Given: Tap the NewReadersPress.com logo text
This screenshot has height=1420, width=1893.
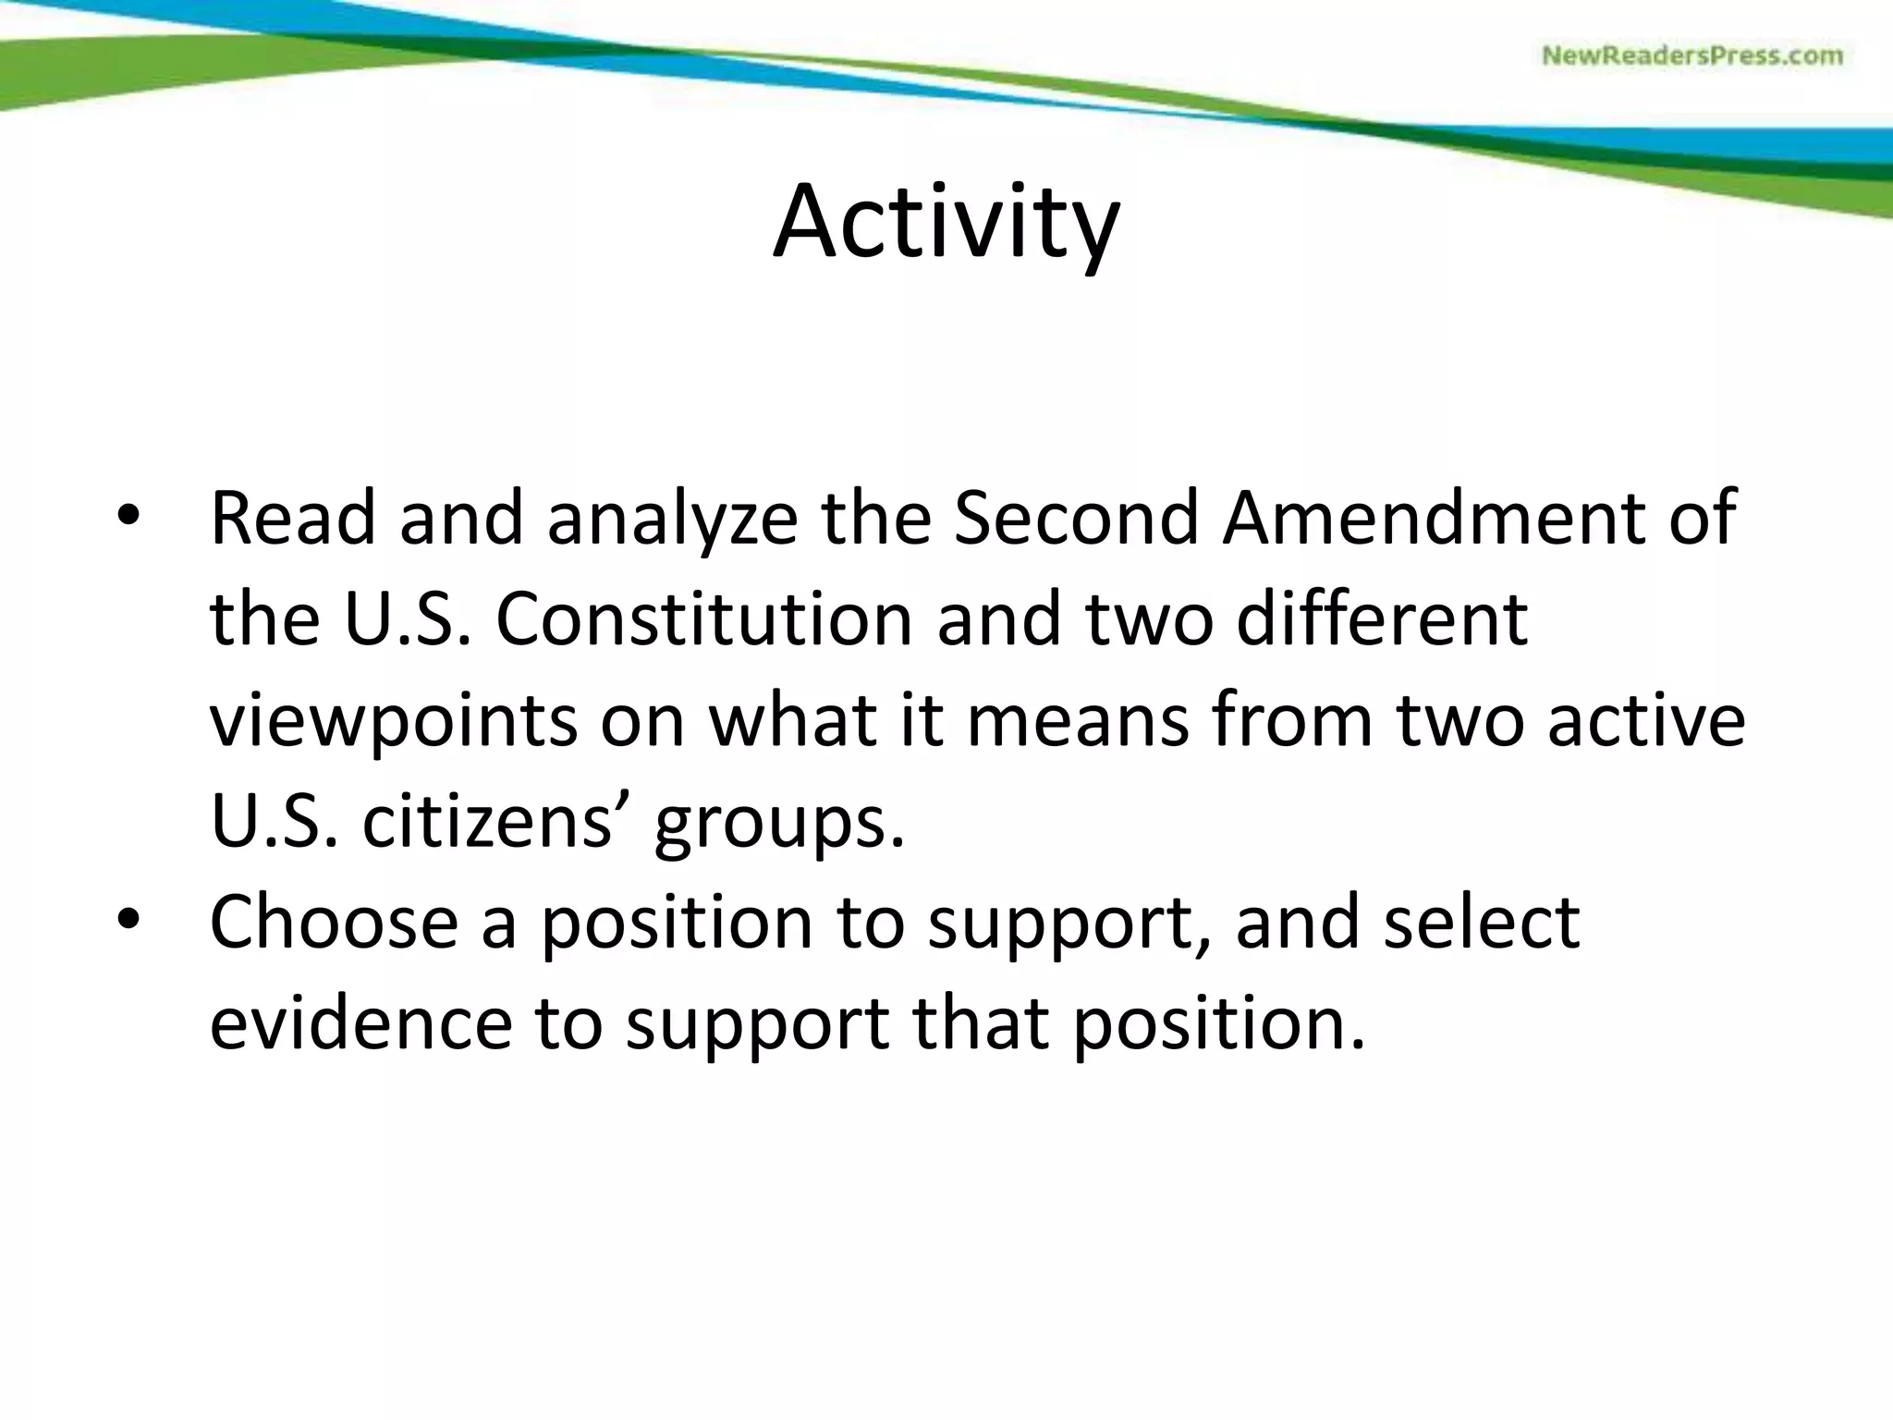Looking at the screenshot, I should coord(1692,56).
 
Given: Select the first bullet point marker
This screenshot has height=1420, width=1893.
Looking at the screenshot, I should coord(128,517).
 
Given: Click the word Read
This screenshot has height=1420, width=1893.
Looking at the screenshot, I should coord(293,518).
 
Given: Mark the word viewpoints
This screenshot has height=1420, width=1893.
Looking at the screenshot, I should coord(394,722).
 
